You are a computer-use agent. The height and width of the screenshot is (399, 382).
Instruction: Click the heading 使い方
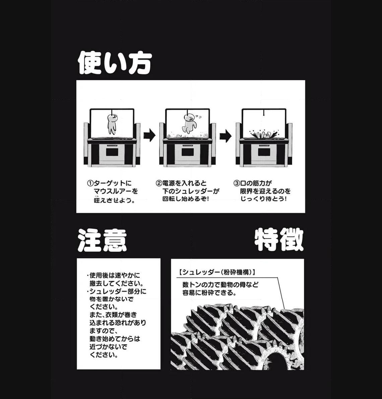pyautogui.click(x=115, y=63)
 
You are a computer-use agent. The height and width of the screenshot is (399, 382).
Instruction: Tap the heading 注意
pyautogui.click(x=102, y=240)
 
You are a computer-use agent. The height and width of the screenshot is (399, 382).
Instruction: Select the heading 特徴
pyautogui.click(x=279, y=240)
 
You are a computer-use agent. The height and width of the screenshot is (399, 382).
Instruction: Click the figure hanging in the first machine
pyautogui.click(x=112, y=124)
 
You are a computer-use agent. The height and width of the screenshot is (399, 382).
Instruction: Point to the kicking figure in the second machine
pyautogui.click(x=189, y=124)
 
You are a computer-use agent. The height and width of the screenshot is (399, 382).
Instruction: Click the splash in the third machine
pyautogui.click(x=264, y=134)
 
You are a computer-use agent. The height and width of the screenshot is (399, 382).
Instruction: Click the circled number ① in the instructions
pyautogui.click(x=90, y=183)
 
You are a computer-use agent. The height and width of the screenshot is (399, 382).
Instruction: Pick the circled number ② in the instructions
pyautogui.click(x=158, y=183)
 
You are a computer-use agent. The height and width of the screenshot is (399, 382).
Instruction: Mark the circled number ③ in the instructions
pyautogui.click(x=237, y=183)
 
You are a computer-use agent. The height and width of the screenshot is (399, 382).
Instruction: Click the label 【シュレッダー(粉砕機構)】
pyautogui.click(x=217, y=272)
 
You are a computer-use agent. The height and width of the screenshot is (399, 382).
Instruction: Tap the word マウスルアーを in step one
pyautogui.click(x=116, y=191)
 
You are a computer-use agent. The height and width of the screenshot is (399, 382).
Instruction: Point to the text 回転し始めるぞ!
pyautogui.click(x=186, y=199)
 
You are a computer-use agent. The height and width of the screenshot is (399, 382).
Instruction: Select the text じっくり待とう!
pyautogui.click(x=263, y=199)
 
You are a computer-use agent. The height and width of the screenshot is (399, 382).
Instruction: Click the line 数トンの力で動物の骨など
pyautogui.click(x=220, y=284)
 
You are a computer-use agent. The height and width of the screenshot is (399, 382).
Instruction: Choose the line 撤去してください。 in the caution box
pyautogui.click(x=117, y=283)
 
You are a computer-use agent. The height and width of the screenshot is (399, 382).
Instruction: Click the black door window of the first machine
pyautogui.click(x=112, y=152)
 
